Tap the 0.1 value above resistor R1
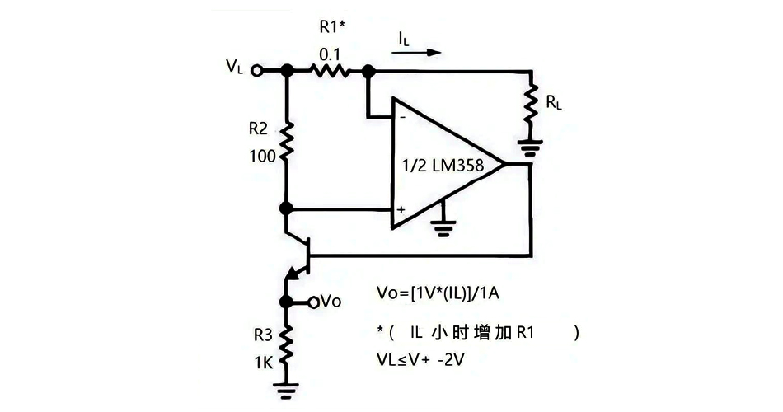point(331,54)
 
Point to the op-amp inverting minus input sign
point(401,117)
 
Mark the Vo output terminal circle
point(313,302)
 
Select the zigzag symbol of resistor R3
point(286,346)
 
